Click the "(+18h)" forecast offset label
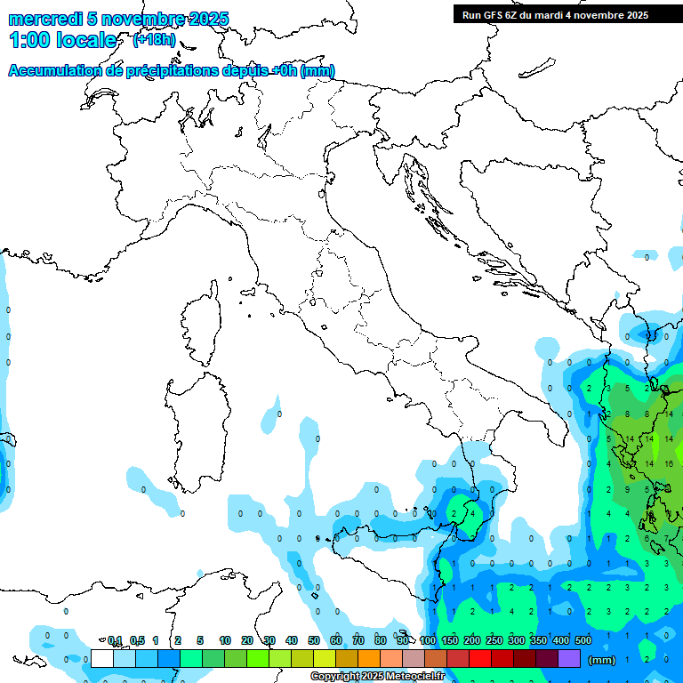pos(154,40)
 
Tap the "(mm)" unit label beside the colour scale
pos(601,660)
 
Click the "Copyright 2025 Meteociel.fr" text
pos(377,677)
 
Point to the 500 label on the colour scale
pos(583,640)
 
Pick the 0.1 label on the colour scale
pos(115,640)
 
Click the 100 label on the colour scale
pos(428,640)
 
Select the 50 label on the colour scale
pos(314,640)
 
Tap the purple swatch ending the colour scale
pos(569,658)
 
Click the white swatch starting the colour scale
pos(102,658)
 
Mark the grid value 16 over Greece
pos(669,463)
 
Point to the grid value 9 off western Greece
pos(628,489)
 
